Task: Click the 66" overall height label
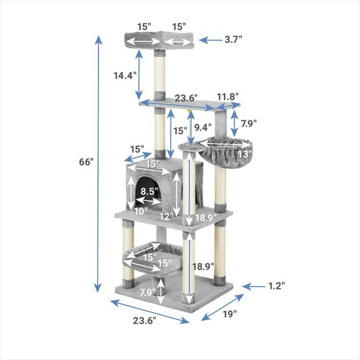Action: [86, 162]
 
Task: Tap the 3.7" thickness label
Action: [233, 39]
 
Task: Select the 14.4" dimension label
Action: [125, 75]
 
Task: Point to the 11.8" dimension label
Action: [228, 97]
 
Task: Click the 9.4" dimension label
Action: [203, 127]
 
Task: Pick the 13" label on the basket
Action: [245, 154]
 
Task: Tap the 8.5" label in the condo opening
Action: [150, 191]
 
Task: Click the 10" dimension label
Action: [141, 211]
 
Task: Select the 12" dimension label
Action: [166, 217]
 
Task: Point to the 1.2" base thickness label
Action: [277, 286]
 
